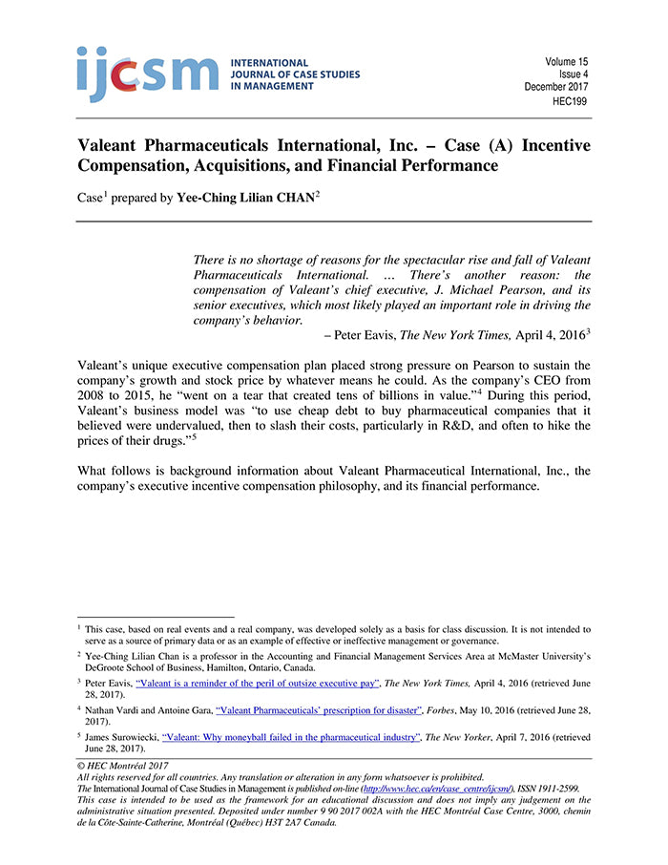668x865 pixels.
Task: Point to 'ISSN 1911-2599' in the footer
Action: (550, 789)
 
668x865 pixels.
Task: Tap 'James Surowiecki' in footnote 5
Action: (121, 737)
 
